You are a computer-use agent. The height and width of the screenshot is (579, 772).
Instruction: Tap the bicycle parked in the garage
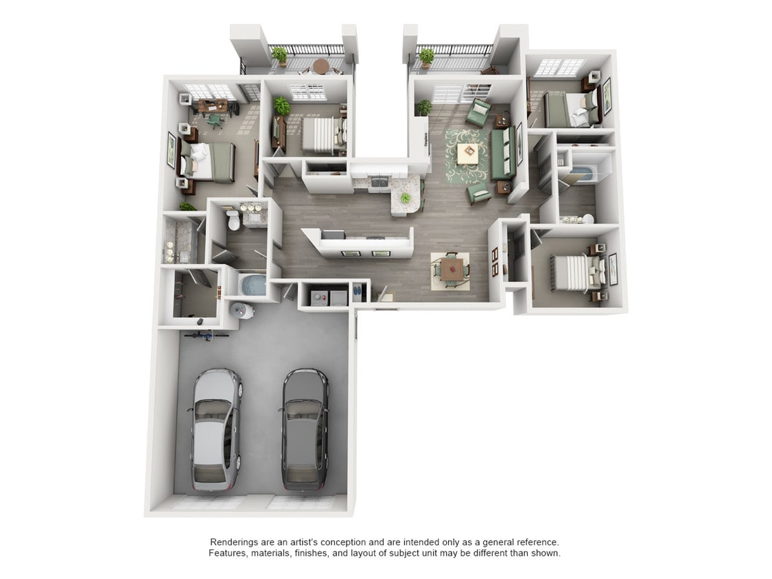[x=207, y=335]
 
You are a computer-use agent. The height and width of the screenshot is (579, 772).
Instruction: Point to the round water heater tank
[x=244, y=311]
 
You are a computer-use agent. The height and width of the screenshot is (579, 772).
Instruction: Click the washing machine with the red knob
[x=318, y=297]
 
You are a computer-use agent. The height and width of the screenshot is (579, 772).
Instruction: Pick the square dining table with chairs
[x=451, y=268]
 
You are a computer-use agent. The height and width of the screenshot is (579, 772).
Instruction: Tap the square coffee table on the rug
[x=468, y=154]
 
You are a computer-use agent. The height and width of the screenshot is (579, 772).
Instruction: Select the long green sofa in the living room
[x=503, y=153]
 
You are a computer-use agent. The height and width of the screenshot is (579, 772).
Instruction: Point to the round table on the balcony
[x=320, y=66]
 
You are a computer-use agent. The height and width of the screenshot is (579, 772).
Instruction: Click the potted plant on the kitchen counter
[x=406, y=198]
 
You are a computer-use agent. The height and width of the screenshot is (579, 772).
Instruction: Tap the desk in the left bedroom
[x=213, y=106]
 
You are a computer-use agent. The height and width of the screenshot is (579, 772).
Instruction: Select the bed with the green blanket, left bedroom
[x=209, y=162]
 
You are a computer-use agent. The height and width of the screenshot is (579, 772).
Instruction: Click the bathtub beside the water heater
[x=252, y=285]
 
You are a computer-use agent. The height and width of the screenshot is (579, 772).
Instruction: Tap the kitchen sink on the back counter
[x=377, y=182]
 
